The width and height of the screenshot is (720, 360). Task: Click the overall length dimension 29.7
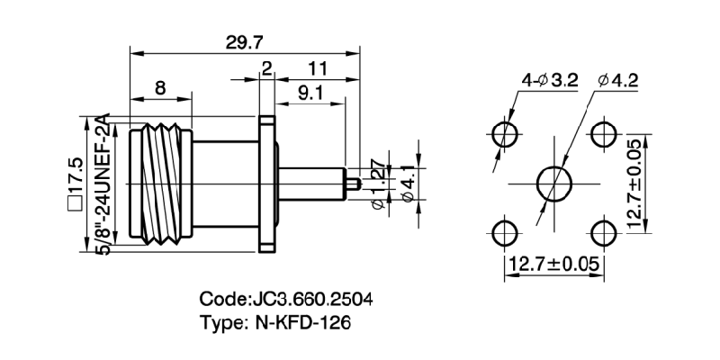tap(243, 41)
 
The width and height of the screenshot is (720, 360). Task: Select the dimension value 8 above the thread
tap(159, 87)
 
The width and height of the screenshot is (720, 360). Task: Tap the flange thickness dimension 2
tap(266, 69)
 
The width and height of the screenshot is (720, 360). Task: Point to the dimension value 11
tap(316, 69)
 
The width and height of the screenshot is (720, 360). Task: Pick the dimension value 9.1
tap(306, 92)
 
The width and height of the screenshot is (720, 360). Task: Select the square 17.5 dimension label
tap(75, 184)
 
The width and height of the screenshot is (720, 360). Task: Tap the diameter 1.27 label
tap(379, 184)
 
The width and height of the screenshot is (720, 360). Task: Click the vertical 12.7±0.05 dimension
tap(634, 184)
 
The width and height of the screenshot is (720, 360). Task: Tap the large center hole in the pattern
tap(553, 185)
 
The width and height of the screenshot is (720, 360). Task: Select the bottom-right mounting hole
tap(601, 233)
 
